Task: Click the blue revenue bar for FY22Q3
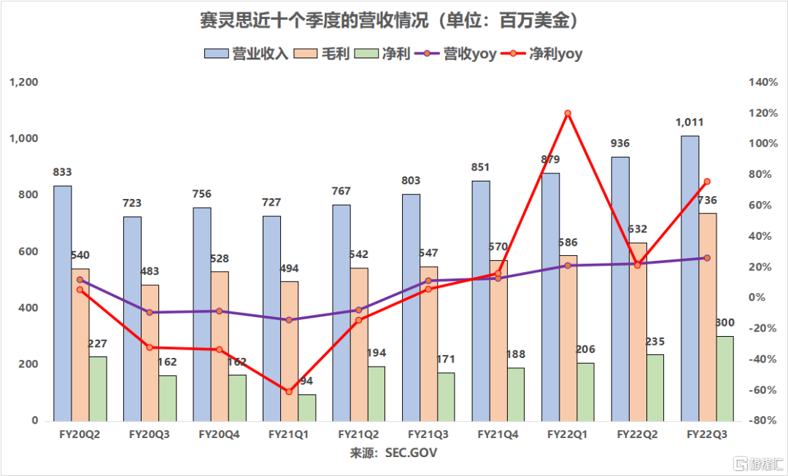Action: pos(689,278)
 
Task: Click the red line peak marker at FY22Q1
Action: pos(567,113)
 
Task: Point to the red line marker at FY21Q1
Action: pos(289,392)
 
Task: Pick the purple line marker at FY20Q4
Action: pos(219,311)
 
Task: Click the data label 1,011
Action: pos(689,122)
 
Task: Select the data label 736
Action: pos(706,200)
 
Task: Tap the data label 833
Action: pos(63,173)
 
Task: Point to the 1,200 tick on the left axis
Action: pos(24,82)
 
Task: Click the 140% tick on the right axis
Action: pos(762,82)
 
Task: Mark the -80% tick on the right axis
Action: pos(762,421)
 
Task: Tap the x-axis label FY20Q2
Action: pos(80,434)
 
